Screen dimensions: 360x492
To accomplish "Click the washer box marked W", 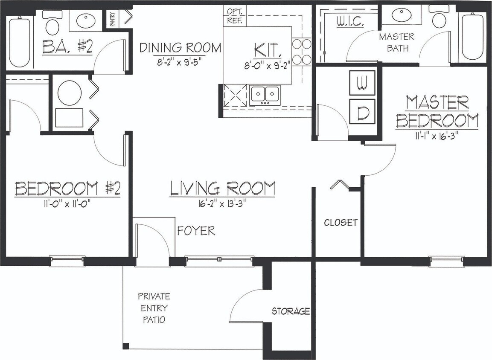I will [362, 83].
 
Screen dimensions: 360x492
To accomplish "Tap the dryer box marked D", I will [362, 112].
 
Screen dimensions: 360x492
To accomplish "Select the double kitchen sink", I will [265, 95].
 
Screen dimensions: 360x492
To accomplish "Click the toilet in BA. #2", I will [52, 24].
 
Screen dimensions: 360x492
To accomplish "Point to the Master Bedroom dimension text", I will [437, 137].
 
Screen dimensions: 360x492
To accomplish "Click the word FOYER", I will [196, 231].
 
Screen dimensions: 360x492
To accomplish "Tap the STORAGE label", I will [291, 311].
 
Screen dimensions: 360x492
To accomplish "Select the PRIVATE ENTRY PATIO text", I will [154, 308].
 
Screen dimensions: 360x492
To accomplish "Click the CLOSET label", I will [341, 223].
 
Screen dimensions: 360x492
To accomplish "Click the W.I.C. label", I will [349, 21].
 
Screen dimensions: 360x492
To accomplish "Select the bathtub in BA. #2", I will [19, 42].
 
